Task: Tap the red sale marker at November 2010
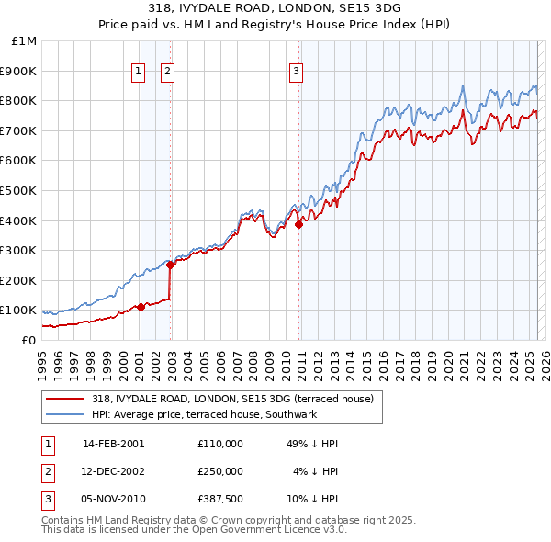click(299, 223)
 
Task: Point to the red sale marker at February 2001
click(141, 307)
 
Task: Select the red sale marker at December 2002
click(171, 265)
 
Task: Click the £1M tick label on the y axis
click(24, 41)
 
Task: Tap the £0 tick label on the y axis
click(28, 340)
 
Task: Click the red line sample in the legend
click(63, 400)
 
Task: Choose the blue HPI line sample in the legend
click(63, 415)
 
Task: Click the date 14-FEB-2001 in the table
click(113, 444)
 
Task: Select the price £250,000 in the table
click(220, 471)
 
